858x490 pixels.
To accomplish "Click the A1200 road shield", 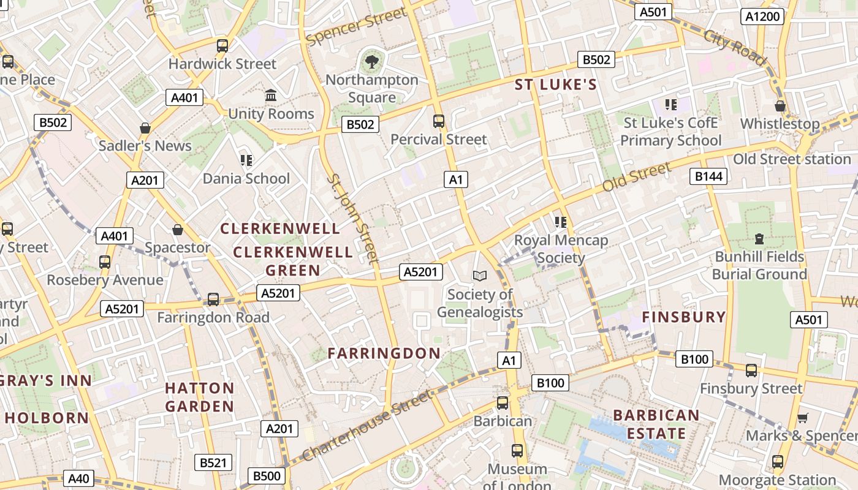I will coord(762,17).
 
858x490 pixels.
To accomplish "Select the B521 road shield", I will coord(213,462).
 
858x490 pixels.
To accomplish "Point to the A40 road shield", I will coord(78,478).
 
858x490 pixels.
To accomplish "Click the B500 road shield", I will coord(267,476).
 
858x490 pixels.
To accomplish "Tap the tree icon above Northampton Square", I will coord(371,61).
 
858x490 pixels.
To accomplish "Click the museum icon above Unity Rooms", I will coord(271,96).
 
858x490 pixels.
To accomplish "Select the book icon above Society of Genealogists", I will coord(480,276).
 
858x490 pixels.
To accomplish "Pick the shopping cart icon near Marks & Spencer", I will coord(802,418).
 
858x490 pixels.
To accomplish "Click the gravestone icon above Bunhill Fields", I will coord(759,238).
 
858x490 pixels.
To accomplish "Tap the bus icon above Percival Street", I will coord(439,121).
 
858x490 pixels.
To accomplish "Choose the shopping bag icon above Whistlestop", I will coord(780,106).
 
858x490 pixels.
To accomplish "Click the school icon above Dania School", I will coord(246,160).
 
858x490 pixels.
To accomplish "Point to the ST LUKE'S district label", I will coord(555,85).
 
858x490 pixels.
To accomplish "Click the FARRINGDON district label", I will coord(384,353).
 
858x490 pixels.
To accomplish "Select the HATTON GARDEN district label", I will coord(200,397).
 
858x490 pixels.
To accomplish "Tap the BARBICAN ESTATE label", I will coord(656,424).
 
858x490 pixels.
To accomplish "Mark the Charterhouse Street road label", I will coord(366,428).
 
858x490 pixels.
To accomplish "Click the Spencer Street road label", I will coord(357,26).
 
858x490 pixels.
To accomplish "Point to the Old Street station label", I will coord(792,159).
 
